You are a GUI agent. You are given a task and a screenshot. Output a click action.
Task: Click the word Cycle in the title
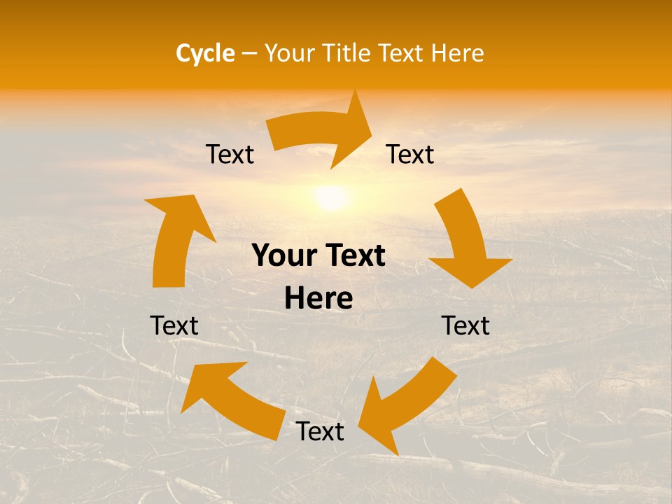point(205,53)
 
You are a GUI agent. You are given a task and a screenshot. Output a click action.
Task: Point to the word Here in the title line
point(457,53)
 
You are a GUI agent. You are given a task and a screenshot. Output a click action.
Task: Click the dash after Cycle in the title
point(248,53)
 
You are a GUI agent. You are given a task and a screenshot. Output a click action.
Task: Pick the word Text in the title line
point(402,53)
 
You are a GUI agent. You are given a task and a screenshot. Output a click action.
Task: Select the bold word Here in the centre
point(318,299)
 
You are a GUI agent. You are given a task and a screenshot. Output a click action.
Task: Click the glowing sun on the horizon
point(330,197)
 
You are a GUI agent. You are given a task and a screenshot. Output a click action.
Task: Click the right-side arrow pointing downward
point(465,241)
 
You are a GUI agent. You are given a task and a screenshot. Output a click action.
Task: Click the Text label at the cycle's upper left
point(230,155)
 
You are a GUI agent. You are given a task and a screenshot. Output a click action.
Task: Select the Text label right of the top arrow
point(410,155)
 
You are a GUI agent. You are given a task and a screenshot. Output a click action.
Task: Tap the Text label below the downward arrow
point(465,325)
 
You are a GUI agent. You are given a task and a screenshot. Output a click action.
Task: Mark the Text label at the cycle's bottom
point(320,432)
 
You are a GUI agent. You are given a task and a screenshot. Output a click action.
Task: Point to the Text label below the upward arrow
point(174,325)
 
